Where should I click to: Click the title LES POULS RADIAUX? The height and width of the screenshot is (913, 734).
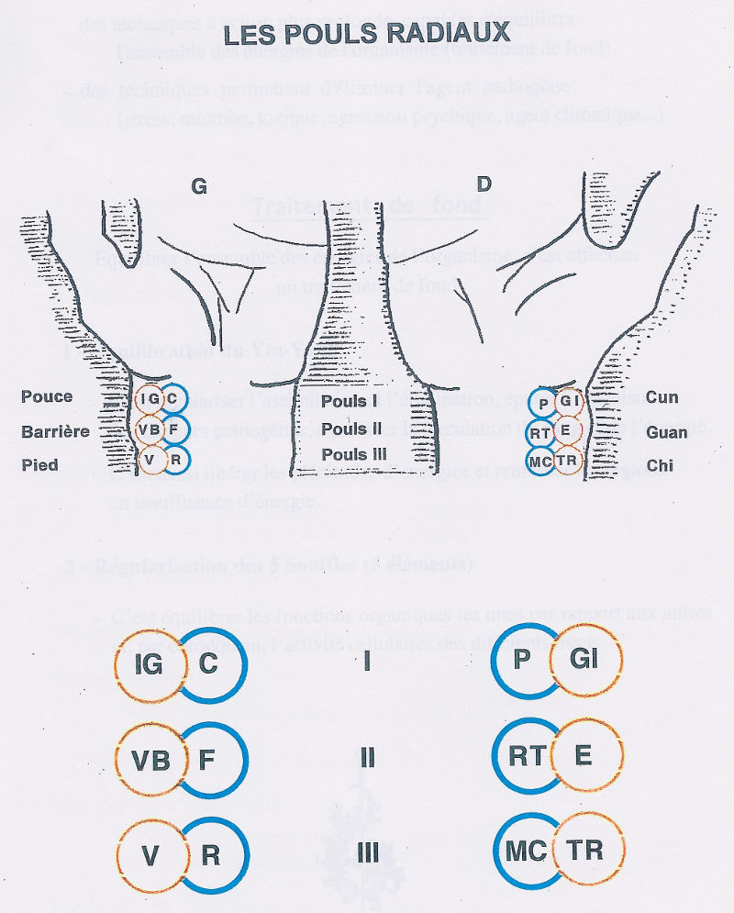[x=367, y=34]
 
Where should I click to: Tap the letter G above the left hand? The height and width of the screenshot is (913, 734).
[x=198, y=185]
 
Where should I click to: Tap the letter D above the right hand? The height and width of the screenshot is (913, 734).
[x=484, y=184]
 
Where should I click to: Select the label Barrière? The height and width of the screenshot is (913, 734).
[x=56, y=430]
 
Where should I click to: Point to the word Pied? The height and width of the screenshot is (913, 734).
[x=40, y=464]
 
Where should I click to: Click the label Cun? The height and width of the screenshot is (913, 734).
[x=661, y=396]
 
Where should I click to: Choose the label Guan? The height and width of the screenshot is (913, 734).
[x=666, y=431]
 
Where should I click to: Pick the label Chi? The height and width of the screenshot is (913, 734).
[x=660, y=465]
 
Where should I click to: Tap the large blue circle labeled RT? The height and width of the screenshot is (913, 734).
[x=524, y=755]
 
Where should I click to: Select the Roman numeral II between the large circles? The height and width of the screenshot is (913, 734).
[x=367, y=758]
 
